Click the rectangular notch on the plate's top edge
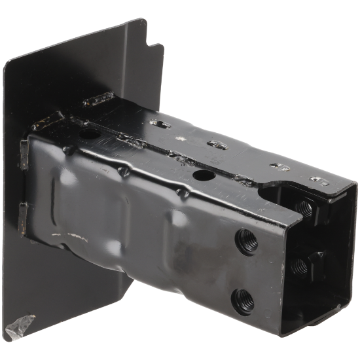(155, 48)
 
